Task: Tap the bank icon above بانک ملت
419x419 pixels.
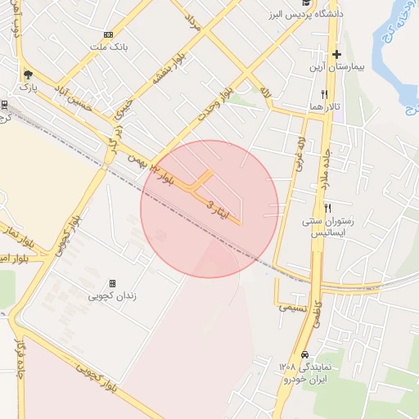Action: click(109, 34)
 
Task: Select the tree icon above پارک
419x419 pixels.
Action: click(28, 73)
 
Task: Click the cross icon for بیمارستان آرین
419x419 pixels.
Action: click(336, 55)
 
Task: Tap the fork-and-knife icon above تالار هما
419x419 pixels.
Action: click(325, 95)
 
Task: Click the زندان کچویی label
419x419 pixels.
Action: click(113, 295)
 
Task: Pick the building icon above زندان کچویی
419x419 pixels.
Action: click(113, 282)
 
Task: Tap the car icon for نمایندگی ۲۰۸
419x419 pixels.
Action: click(305, 355)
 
